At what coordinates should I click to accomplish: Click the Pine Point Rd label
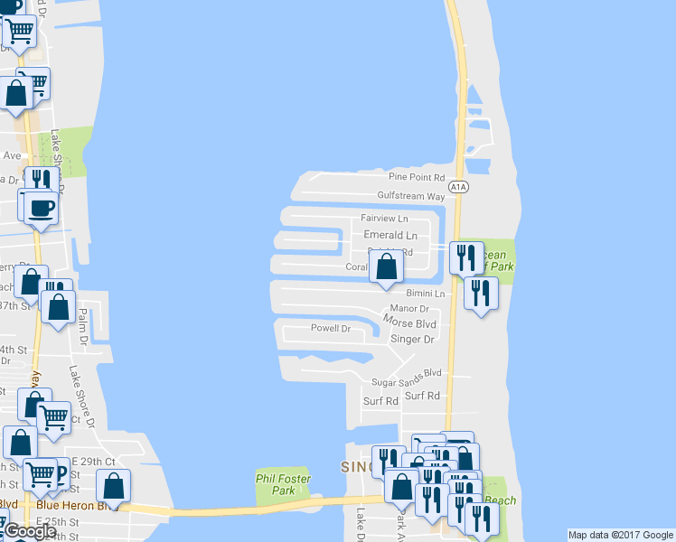(418, 178)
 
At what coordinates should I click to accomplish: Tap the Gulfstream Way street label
(411, 196)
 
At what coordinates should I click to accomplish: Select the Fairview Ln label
(385, 219)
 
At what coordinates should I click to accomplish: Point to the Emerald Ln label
(390, 235)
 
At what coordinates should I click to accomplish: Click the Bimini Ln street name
(426, 294)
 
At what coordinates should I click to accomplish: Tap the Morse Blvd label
(409, 322)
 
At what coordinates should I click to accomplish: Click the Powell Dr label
(330, 328)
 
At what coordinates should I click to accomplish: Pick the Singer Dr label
(412, 340)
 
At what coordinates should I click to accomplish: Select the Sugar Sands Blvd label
(407, 372)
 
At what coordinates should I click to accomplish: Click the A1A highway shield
(459, 187)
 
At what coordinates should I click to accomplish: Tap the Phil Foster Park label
(283, 484)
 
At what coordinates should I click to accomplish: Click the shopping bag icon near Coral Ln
(387, 266)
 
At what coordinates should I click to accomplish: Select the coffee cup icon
(41, 208)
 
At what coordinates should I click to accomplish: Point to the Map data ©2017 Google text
(620, 535)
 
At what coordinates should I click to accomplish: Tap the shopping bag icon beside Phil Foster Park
(113, 486)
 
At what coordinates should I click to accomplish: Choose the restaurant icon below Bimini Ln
(481, 293)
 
